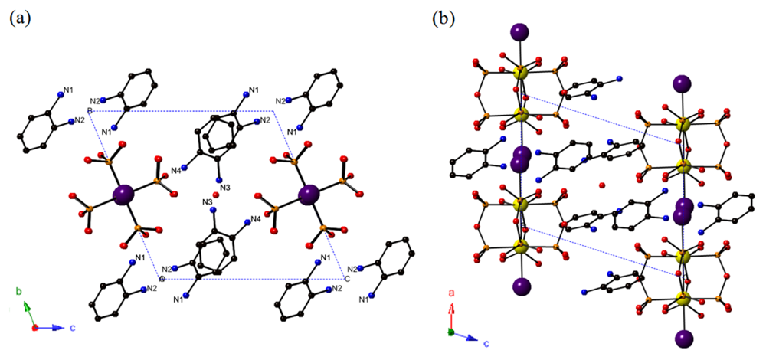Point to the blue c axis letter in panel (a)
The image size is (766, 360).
pos(73,327)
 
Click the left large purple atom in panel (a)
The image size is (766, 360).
pos(122,195)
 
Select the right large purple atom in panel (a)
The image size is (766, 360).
pos(310,195)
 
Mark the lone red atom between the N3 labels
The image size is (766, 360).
pos(215,195)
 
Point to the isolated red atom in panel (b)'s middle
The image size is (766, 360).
pos(602,185)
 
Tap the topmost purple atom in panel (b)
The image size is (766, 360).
pos(519,32)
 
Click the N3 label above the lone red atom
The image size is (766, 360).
pos(225,187)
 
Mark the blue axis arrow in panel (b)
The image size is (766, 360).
pos(469,335)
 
